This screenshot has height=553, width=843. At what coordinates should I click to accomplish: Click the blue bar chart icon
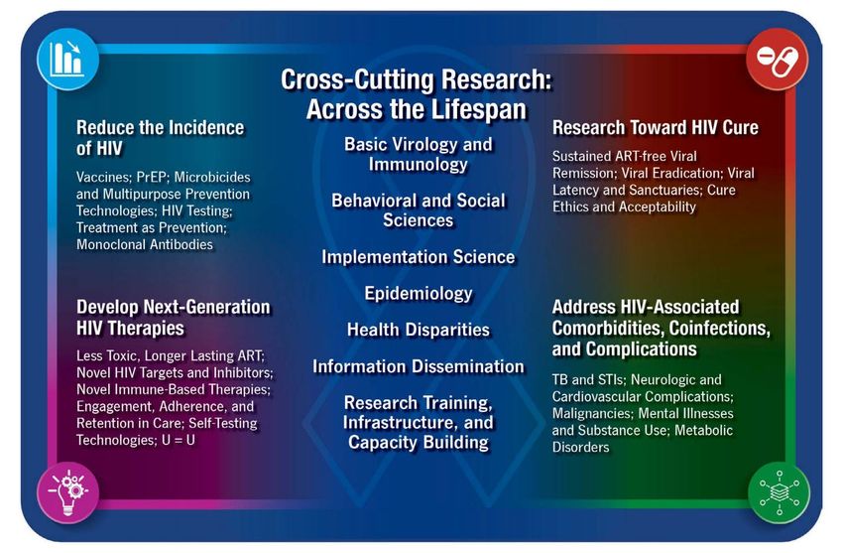(67, 60)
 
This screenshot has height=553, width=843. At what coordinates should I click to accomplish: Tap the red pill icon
(777, 60)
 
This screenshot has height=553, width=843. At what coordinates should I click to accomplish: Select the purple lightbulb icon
(67, 492)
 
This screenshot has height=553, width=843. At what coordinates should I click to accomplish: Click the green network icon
(779, 492)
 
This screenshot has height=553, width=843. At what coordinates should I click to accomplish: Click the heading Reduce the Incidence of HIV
(161, 138)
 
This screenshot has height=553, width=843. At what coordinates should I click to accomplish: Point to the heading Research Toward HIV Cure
(656, 127)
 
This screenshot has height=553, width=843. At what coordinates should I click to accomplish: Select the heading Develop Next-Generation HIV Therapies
(174, 318)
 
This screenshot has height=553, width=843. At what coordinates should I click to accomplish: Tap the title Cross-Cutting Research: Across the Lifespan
(417, 94)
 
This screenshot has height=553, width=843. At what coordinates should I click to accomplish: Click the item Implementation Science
(419, 256)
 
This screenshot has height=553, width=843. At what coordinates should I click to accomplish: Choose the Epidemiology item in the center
(419, 293)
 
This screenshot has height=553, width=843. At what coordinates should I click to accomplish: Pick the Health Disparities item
(419, 330)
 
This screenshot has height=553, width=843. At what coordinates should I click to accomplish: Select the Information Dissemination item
(419, 366)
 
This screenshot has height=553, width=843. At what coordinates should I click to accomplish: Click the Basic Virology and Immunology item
(419, 154)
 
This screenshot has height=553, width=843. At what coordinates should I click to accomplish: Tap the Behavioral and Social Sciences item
(419, 209)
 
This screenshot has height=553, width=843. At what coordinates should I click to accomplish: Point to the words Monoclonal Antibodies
(145, 244)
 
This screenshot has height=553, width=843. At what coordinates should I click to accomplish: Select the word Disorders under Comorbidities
(580, 447)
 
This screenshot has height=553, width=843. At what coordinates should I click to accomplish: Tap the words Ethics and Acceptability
(624, 207)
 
